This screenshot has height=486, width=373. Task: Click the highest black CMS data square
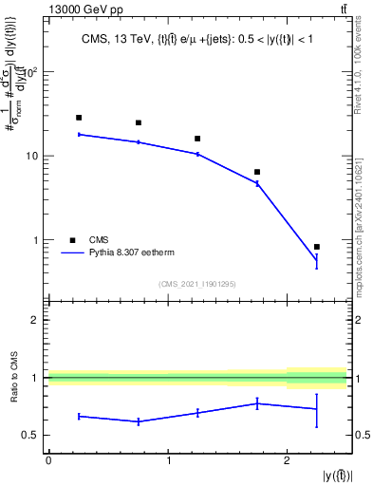pos(79,118)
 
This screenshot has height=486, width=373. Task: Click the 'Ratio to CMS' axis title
pos(12,382)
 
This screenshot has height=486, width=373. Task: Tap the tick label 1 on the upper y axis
pos(35,240)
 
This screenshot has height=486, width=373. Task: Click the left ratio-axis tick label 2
pos(35,321)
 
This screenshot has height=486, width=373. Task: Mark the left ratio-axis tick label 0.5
pos(30,435)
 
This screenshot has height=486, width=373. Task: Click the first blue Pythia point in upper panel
pos(79,135)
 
